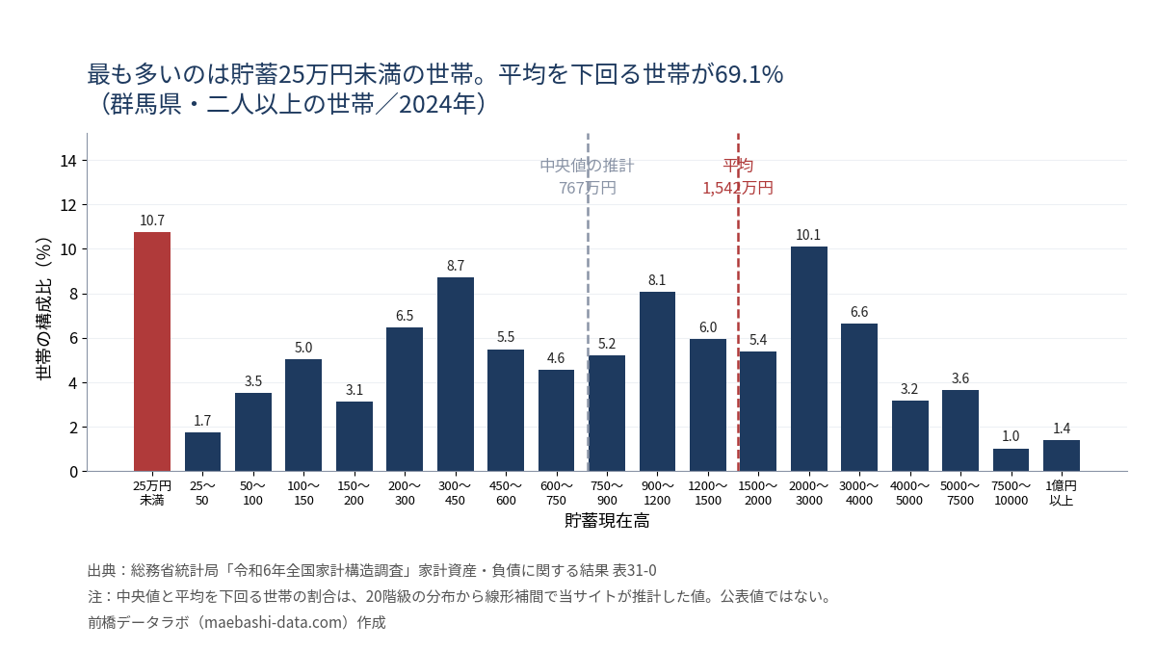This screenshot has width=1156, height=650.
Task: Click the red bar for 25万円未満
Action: (152, 351)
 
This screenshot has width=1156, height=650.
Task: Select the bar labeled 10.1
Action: (808, 359)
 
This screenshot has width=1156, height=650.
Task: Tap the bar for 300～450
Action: (455, 375)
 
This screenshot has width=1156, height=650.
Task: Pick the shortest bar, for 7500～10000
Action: (1011, 460)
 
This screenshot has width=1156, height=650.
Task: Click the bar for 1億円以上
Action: (1061, 456)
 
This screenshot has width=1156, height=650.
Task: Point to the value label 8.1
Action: (657, 280)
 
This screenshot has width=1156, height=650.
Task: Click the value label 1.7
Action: (202, 421)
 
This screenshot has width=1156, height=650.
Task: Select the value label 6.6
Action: (859, 312)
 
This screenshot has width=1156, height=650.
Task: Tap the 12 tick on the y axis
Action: (68, 205)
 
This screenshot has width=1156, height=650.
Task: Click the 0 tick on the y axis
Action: (73, 472)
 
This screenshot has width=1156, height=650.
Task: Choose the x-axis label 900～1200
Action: (657, 493)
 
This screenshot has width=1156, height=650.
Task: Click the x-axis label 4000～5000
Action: (909, 493)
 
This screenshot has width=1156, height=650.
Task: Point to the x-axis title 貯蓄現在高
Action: (607, 521)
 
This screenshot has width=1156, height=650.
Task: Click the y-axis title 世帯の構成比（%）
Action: (44, 308)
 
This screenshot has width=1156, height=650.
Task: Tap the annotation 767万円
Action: (588, 188)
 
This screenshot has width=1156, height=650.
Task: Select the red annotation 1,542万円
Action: (738, 188)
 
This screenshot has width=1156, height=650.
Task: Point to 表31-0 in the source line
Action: (634, 570)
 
